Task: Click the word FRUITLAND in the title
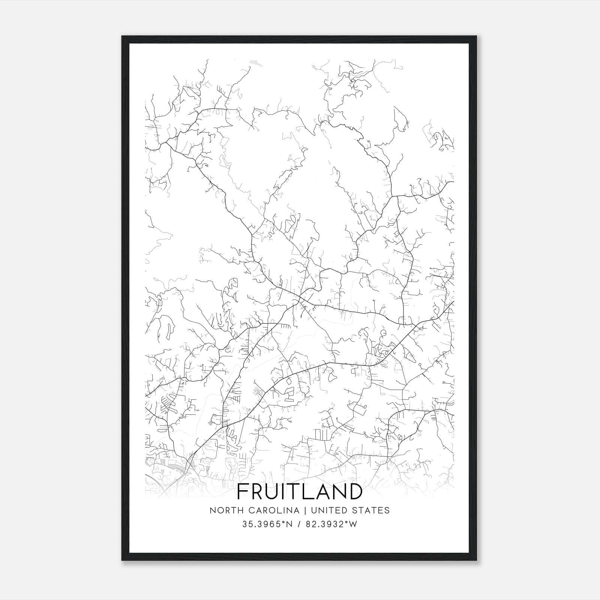(300, 492)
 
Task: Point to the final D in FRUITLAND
(354, 492)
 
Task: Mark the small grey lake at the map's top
(256, 62)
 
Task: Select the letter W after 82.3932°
(353, 524)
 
